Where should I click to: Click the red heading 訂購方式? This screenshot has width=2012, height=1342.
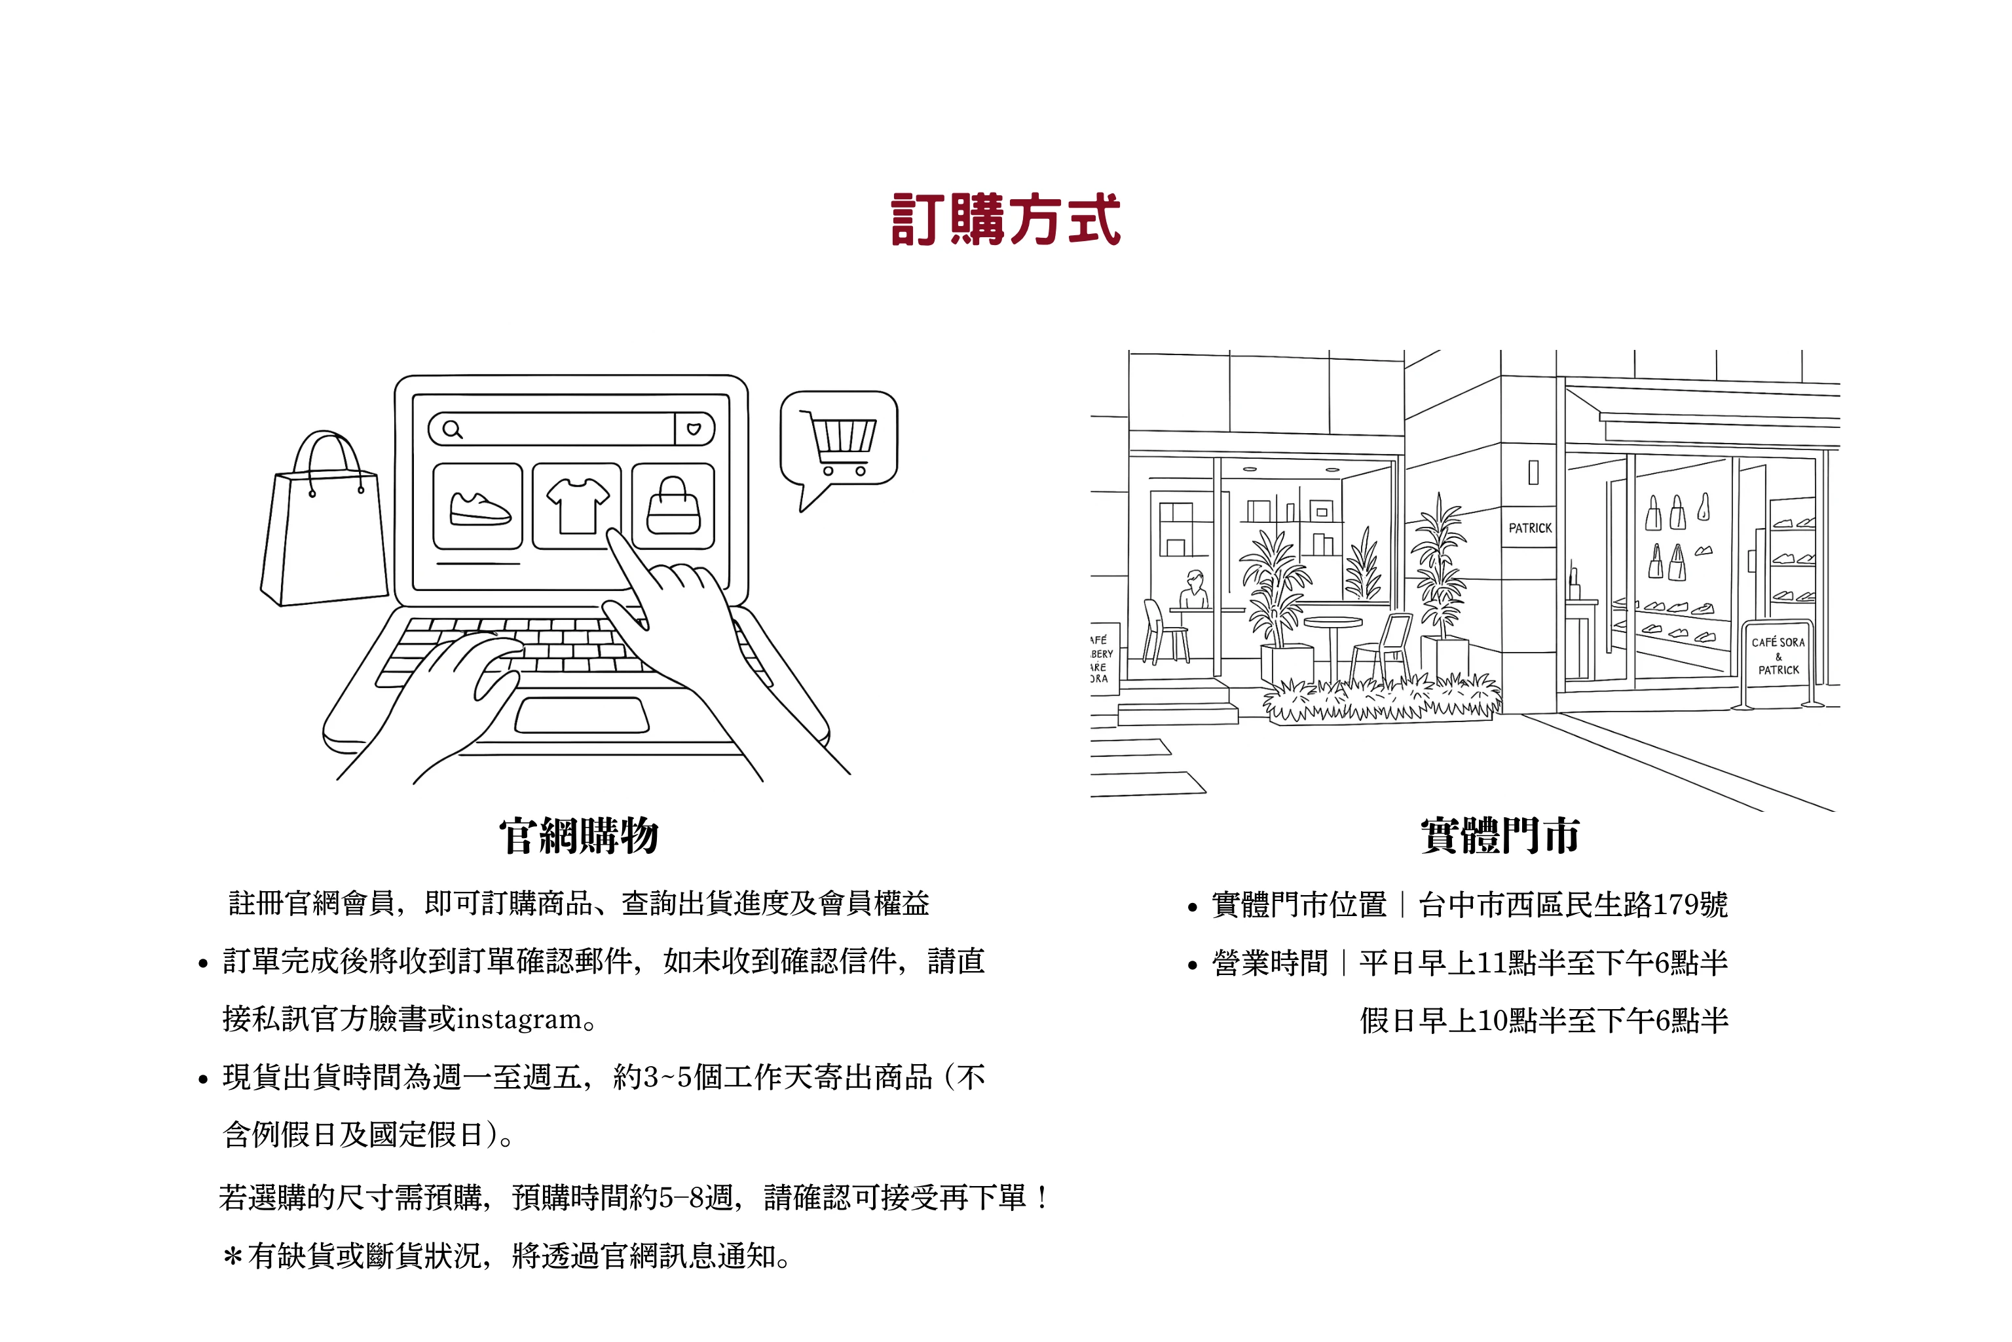pyautogui.click(x=1005, y=220)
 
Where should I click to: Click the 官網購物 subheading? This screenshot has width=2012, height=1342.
pyautogui.click(x=579, y=835)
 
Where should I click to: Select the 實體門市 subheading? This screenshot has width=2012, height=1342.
pyautogui.click(x=1500, y=835)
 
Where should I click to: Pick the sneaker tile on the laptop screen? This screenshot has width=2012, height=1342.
pyautogui.click(x=478, y=506)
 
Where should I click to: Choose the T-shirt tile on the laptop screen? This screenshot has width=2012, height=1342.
pyautogui.click(x=576, y=506)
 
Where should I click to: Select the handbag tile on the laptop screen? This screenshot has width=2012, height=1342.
pyautogui.click(x=673, y=506)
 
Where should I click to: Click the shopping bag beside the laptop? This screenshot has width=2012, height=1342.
pyautogui.click(x=324, y=520)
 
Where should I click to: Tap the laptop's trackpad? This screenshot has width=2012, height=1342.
pyautogui.click(x=582, y=716)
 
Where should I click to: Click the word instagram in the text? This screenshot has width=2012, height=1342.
pyautogui.click(x=519, y=1020)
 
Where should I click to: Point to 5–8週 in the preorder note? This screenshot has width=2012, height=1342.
pyautogui.click(x=696, y=1197)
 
